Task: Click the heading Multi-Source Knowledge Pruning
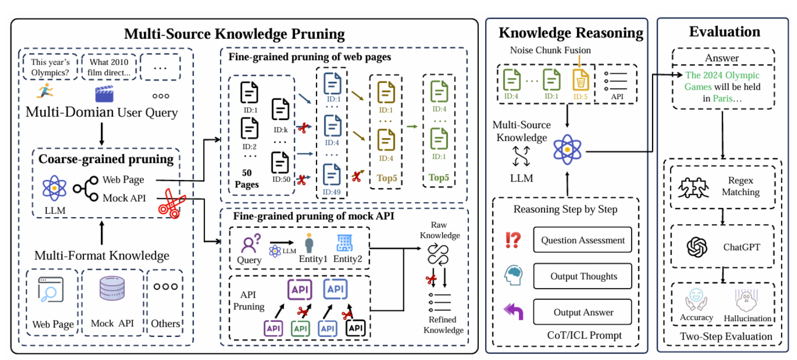click(x=234, y=34)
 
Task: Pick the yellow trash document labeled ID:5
click(x=581, y=80)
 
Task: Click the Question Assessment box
click(x=583, y=240)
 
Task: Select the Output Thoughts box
click(x=583, y=276)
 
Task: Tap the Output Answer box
click(x=583, y=312)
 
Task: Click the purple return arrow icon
click(x=513, y=311)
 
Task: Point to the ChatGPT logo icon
click(x=697, y=247)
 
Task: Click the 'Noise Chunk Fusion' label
click(x=550, y=50)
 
